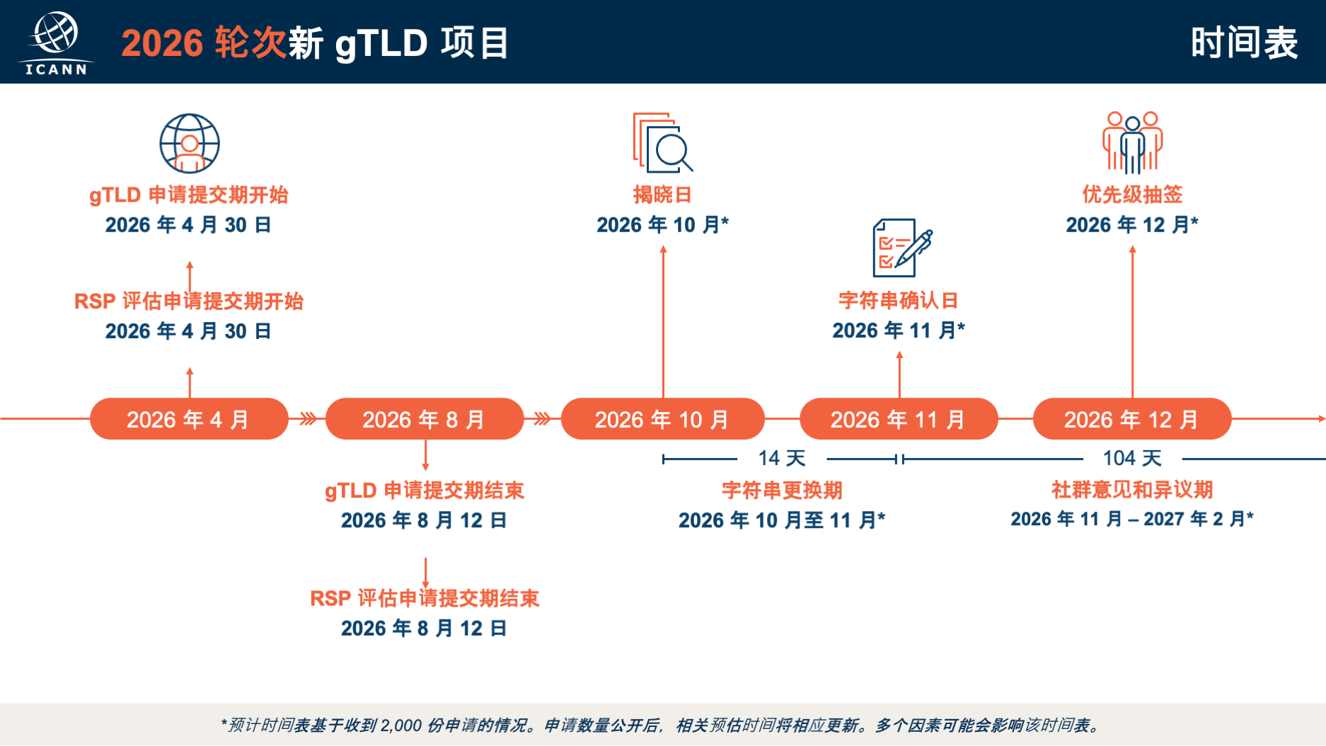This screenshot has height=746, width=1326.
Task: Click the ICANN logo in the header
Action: click(56, 43)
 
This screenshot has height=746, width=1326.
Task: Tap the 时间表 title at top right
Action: click(1244, 43)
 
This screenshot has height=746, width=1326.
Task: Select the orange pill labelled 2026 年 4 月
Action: click(189, 419)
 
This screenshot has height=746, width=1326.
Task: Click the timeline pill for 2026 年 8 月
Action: click(425, 419)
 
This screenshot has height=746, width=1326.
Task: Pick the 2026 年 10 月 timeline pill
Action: click(662, 419)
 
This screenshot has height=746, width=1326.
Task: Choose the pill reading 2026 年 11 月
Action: click(899, 419)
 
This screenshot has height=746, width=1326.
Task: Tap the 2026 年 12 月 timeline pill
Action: click(1132, 419)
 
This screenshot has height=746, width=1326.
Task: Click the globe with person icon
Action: click(190, 144)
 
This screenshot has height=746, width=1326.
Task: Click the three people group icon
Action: click(1132, 142)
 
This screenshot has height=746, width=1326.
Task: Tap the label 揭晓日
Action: click(662, 195)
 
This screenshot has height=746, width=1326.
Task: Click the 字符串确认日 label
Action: click(899, 300)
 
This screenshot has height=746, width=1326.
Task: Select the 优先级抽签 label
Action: click(1132, 195)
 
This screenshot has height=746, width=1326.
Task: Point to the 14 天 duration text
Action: click(782, 459)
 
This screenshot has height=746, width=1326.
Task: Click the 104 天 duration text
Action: click(1132, 459)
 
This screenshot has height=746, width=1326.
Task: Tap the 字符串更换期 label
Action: click(782, 490)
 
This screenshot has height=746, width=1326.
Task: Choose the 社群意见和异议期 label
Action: click(1132, 490)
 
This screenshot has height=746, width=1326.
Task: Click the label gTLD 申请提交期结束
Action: click(425, 490)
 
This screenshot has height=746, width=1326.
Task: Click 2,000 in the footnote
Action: click(401, 725)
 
